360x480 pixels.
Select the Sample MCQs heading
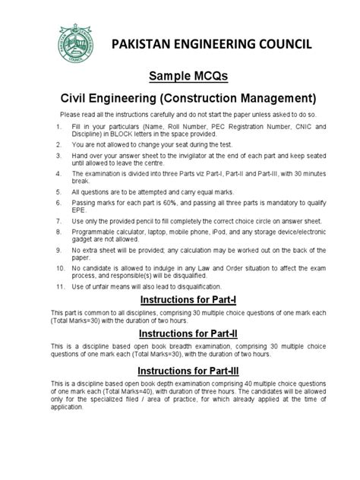(180, 77)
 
